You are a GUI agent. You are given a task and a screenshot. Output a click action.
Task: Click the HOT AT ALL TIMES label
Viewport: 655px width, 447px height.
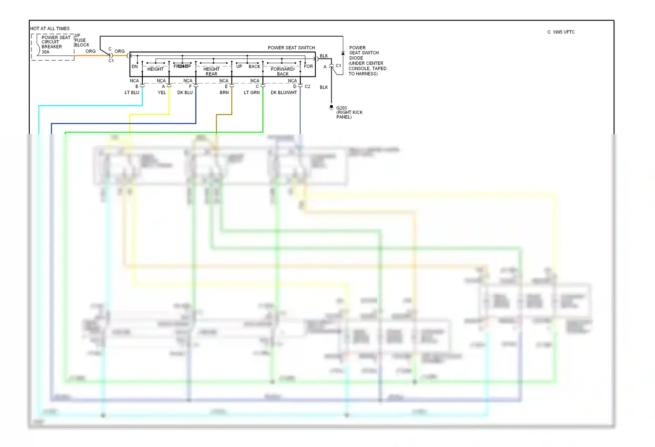(50, 29)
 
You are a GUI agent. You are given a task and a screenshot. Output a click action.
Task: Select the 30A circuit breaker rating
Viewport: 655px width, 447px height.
(45, 52)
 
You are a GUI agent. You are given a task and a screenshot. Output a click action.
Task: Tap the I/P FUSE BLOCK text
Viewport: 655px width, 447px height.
(81, 41)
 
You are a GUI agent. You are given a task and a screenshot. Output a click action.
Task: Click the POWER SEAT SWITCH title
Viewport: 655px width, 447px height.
(291, 48)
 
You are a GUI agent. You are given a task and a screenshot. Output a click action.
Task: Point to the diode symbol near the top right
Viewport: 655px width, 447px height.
(343, 53)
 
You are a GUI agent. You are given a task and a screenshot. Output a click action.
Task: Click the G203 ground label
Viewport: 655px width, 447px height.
(341, 108)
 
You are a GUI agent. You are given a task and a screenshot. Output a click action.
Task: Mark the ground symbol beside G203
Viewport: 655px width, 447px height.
(331, 107)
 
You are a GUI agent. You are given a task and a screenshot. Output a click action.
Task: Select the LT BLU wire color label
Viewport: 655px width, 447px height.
(132, 93)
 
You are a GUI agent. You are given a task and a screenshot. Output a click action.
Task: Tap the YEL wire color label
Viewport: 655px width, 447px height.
(162, 93)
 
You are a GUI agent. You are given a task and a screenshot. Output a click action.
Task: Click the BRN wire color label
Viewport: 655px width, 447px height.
(224, 93)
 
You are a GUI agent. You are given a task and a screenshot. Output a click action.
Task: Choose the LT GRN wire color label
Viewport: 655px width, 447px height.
(252, 93)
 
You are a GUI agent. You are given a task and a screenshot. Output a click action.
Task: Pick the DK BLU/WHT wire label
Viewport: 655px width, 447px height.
(283, 93)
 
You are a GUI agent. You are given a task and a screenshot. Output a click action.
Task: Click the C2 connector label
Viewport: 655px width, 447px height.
(307, 86)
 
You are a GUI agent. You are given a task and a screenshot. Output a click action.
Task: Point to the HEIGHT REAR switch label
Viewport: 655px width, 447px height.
(211, 72)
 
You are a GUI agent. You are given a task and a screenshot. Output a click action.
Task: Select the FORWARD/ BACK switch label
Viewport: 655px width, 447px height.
(283, 72)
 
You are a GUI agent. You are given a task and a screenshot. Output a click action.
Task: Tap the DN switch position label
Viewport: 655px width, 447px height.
(134, 67)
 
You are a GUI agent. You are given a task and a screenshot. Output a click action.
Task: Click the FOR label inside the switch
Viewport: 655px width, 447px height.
(308, 66)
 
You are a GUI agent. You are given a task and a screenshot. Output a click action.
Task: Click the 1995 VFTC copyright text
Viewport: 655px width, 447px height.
(561, 32)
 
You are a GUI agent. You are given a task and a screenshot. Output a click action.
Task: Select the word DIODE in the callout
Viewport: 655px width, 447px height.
(356, 58)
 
